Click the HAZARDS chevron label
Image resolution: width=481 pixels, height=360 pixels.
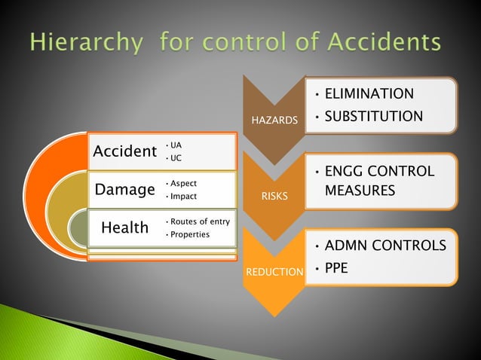pos(279,121)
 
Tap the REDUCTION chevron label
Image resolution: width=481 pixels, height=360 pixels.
pos(273,270)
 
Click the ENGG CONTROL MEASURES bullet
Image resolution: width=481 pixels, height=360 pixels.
pos(378,182)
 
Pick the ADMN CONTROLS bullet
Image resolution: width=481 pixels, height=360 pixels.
pos(384,246)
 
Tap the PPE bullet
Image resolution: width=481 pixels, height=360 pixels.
pos(336,267)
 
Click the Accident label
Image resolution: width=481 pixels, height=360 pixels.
pos(124,151)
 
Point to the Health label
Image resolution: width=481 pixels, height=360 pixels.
pos(124,227)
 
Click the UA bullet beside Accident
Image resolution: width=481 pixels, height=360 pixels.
pos(176,145)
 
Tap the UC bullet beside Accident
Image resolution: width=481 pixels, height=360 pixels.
pos(176,158)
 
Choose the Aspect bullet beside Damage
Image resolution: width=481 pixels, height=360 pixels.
pos(183,183)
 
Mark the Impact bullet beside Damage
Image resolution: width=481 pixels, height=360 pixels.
pos(183,197)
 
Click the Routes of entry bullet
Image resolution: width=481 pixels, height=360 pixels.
pos(200,221)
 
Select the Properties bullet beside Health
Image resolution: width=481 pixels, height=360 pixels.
pos(190,235)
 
